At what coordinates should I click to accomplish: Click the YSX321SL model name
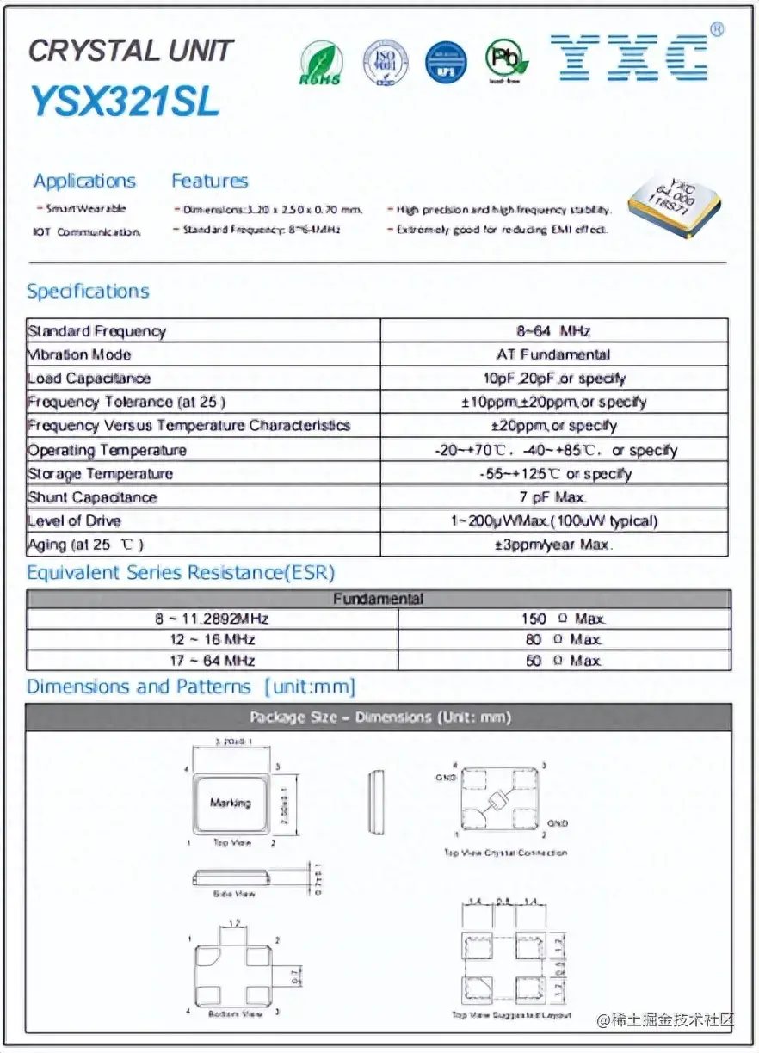pyautogui.click(x=125, y=102)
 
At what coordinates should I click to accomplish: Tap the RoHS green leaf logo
pyautogui.click(x=320, y=62)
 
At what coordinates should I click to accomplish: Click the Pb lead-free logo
pyautogui.click(x=506, y=59)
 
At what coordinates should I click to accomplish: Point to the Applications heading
pyautogui.click(x=84, y=181)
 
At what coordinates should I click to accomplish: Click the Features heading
pyautogui.click(x=209, y=181)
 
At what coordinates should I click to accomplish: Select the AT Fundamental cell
pyautogui.click(x=553, y=354)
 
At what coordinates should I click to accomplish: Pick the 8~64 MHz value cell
pyautogui.click(x=553, y=331)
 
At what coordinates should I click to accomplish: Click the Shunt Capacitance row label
pyautogui.click(x=92, y=497)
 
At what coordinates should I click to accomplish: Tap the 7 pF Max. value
pyautogui.click(x=553, y=497)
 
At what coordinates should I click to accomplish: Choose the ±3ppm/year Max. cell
pyautogui.click(x=553, y=545)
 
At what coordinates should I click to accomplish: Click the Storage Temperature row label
pyautogui.click(x=100, y=474)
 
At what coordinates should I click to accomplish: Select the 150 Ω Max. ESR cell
pyautogui.click(x=564, y=619)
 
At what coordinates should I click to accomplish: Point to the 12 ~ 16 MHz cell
pyautogui.click(x=212, y=639)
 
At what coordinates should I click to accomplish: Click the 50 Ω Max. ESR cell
pyautogui.click(x=564, y=661)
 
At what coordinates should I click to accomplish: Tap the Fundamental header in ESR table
pyautogui.click(x=379, y=599)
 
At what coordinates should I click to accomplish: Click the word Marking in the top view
pyautogui.click(x=231, y=803)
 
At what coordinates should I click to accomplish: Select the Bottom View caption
pyautogui.click(x=235, y=1015)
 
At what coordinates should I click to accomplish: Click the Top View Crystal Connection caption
pyautogui.click(x=505, y=853)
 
